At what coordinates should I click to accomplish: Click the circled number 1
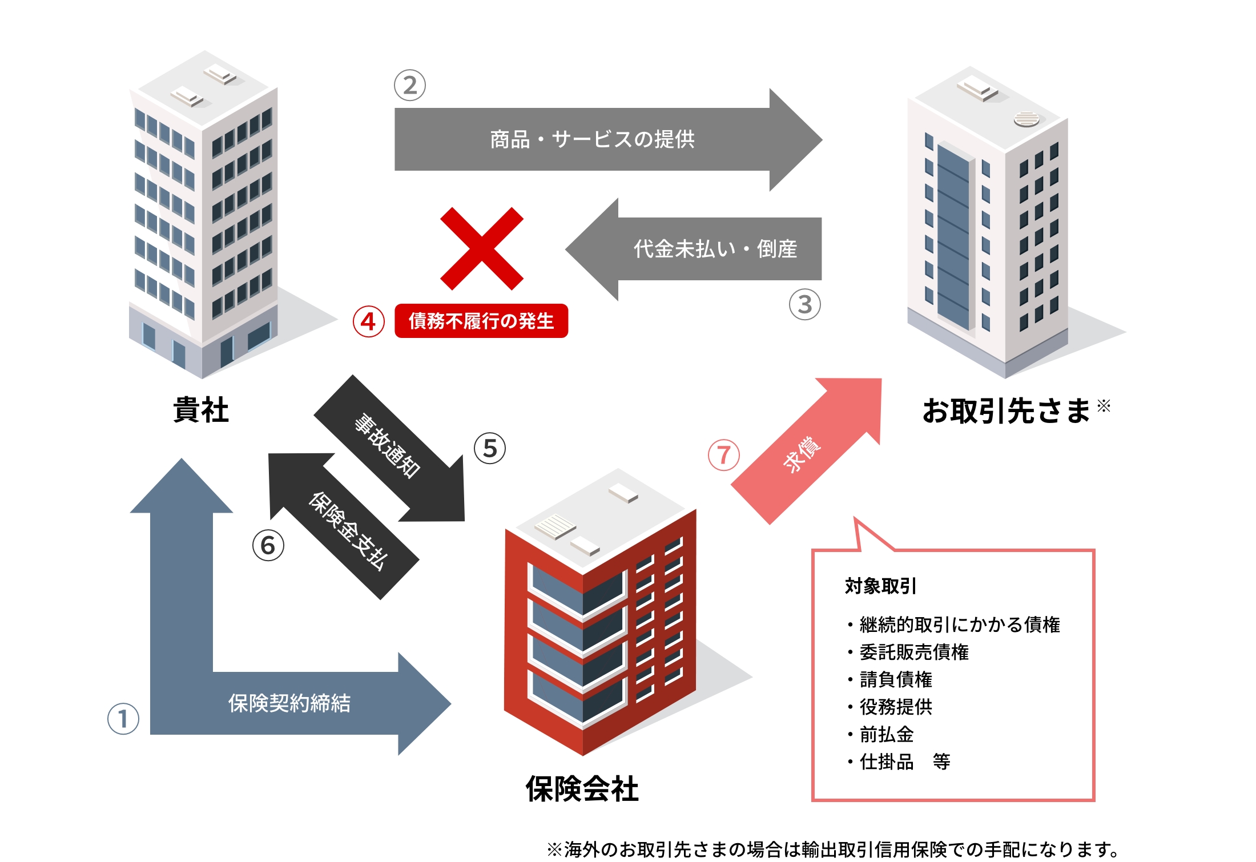click(123, 718)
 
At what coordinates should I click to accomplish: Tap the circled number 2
click(410, 86)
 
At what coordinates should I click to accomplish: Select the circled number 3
click(804, 305)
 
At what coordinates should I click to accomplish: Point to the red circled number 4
click(368, 321)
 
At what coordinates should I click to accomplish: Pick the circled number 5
click(490, 448)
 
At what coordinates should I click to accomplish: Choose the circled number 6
click(268, 546)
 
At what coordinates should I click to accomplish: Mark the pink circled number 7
click(723, 455)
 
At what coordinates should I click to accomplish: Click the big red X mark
click(481, 249)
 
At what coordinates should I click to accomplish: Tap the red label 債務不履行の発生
click(481, 321)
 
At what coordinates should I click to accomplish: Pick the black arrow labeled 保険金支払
click(348, 531)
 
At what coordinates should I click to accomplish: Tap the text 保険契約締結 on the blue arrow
click(289, 703)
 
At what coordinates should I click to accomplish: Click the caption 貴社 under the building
click(201, 410)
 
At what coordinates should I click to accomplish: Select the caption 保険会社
click(582, 789)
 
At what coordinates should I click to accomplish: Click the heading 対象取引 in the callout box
click(880, 586)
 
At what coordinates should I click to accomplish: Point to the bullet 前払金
click(886, 734)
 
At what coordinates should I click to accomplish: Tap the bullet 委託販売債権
click(913, 652)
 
